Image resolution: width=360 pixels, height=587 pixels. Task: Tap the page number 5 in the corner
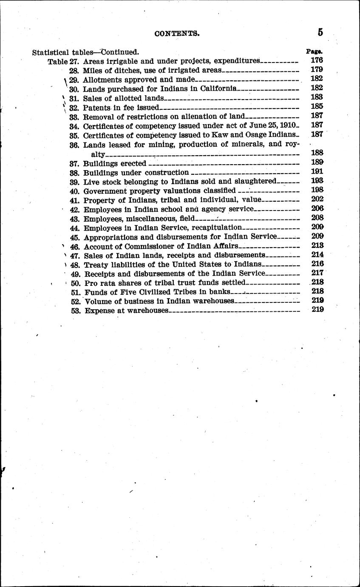coord(320,32)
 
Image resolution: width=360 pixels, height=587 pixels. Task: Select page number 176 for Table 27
coord(317,60)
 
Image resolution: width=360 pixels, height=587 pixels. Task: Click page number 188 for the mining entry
coord(317,153)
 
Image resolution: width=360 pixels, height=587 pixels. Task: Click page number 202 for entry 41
coord(317,199)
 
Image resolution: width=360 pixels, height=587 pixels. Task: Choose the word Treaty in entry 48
coord(96,264)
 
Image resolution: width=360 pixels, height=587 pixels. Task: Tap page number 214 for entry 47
coord(317,254)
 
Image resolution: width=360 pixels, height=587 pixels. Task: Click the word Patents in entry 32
coord(97,107)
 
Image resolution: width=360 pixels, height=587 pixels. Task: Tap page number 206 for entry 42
coord(317,208)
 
